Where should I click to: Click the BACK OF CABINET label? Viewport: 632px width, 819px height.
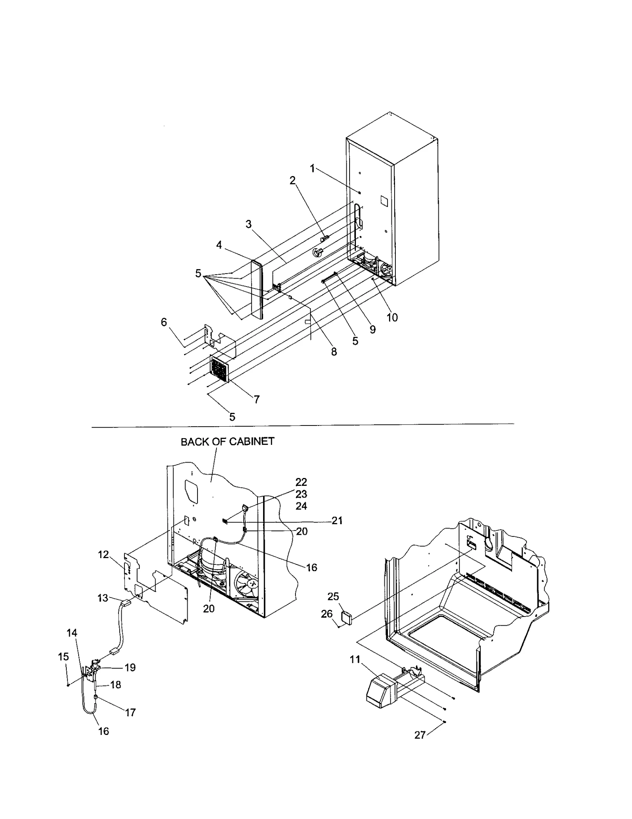pos(227,442)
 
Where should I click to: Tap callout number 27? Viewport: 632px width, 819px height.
pos(419,735)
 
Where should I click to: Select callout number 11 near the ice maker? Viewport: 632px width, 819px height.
pos(355,659)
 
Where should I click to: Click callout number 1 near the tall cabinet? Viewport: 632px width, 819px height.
pos(312,169)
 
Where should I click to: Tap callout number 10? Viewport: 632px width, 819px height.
pos(392,317)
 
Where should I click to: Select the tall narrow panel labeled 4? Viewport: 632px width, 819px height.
pos(257,290)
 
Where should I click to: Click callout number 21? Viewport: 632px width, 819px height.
pos(337,521)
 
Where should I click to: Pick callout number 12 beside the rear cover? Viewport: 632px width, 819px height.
pos(103,555)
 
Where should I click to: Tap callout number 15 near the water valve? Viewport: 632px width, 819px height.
pos(63,657)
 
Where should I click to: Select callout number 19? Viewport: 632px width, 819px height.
pos(130,667)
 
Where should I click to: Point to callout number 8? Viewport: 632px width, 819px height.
pos(334,352)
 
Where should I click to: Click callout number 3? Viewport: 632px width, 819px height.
pos(248,224)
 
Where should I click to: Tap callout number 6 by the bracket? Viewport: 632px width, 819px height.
pos(164,322)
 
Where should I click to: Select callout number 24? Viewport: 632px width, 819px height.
pos(301,506)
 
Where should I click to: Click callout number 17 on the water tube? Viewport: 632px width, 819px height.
pos(130,712)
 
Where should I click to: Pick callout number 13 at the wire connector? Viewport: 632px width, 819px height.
pos(103,598)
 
